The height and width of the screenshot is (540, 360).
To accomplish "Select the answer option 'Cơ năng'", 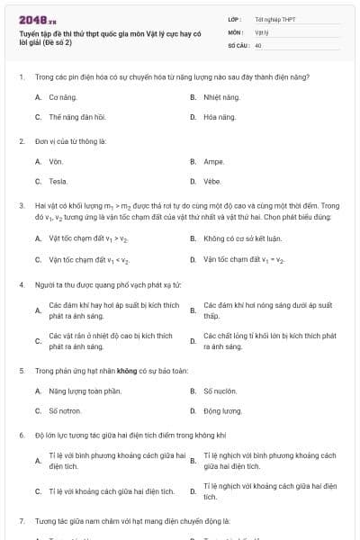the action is point(60,96).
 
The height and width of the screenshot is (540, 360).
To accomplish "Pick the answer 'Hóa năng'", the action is point(220,117).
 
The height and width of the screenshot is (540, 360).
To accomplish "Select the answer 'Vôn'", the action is point(56,161).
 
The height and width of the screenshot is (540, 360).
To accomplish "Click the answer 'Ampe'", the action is point(213,161).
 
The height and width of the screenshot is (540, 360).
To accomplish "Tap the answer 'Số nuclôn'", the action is point(219,391).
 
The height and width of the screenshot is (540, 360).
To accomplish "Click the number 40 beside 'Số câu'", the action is point(258,44).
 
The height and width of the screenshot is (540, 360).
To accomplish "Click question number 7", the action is point(21,521).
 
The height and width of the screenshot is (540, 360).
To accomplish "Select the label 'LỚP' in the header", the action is point(235,18).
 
